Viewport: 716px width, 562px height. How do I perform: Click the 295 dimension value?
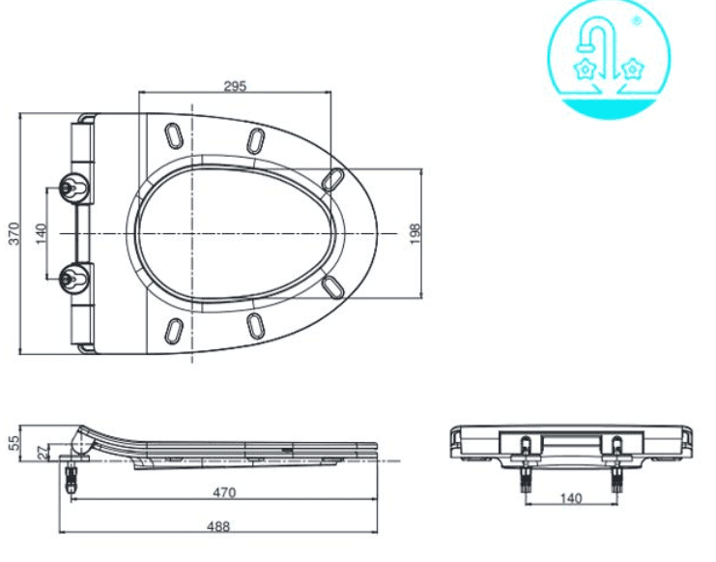pos(235,86)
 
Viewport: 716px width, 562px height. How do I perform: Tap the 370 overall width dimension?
pos(14,233)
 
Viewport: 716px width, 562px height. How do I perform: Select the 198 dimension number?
pos(415,234)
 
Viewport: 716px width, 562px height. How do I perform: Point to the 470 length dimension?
pos(225,492)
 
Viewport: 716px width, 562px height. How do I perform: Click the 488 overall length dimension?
pos(218,527)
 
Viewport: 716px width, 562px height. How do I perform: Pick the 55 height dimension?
pos(14,442)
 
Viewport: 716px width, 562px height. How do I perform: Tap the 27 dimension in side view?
pos(43,453)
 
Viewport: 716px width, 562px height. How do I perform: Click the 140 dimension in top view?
pos(42,234)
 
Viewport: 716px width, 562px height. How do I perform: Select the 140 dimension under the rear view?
pos(571,498)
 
